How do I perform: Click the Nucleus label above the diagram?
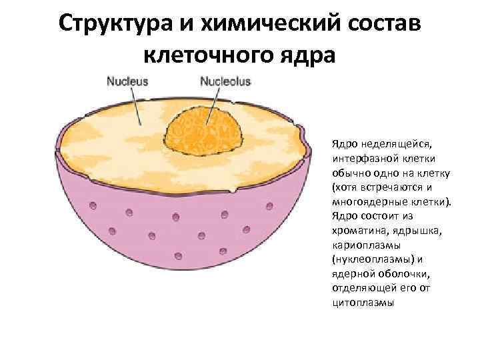point(127,81)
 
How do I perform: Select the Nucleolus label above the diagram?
point(225,81)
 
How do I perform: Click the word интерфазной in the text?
point(364,159)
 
